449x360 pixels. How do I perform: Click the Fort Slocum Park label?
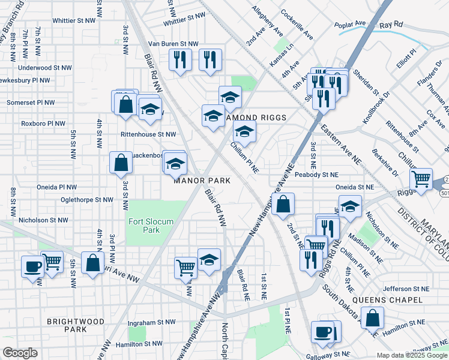[151, 226]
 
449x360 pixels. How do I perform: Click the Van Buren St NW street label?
[173, 44]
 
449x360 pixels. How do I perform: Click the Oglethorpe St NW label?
[86, 200]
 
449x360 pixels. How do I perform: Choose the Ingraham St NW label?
[152, 322]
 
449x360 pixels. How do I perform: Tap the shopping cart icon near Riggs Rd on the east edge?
[421, 178]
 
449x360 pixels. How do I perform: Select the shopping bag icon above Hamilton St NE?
[373, 317]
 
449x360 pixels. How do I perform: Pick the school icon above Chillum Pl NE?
[244, 131]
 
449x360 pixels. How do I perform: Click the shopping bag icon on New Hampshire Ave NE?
[283, 203]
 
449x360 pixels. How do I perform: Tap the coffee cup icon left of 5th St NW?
[32, 265]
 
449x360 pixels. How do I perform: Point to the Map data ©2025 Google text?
[411, 355]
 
